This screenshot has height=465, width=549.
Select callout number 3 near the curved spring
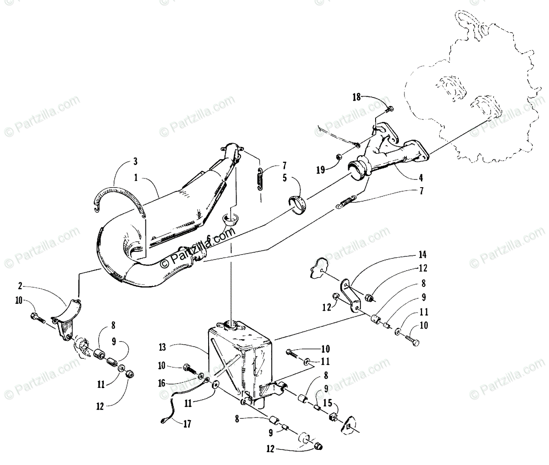(135, 161)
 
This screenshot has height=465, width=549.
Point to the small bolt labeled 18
(390, 109)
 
